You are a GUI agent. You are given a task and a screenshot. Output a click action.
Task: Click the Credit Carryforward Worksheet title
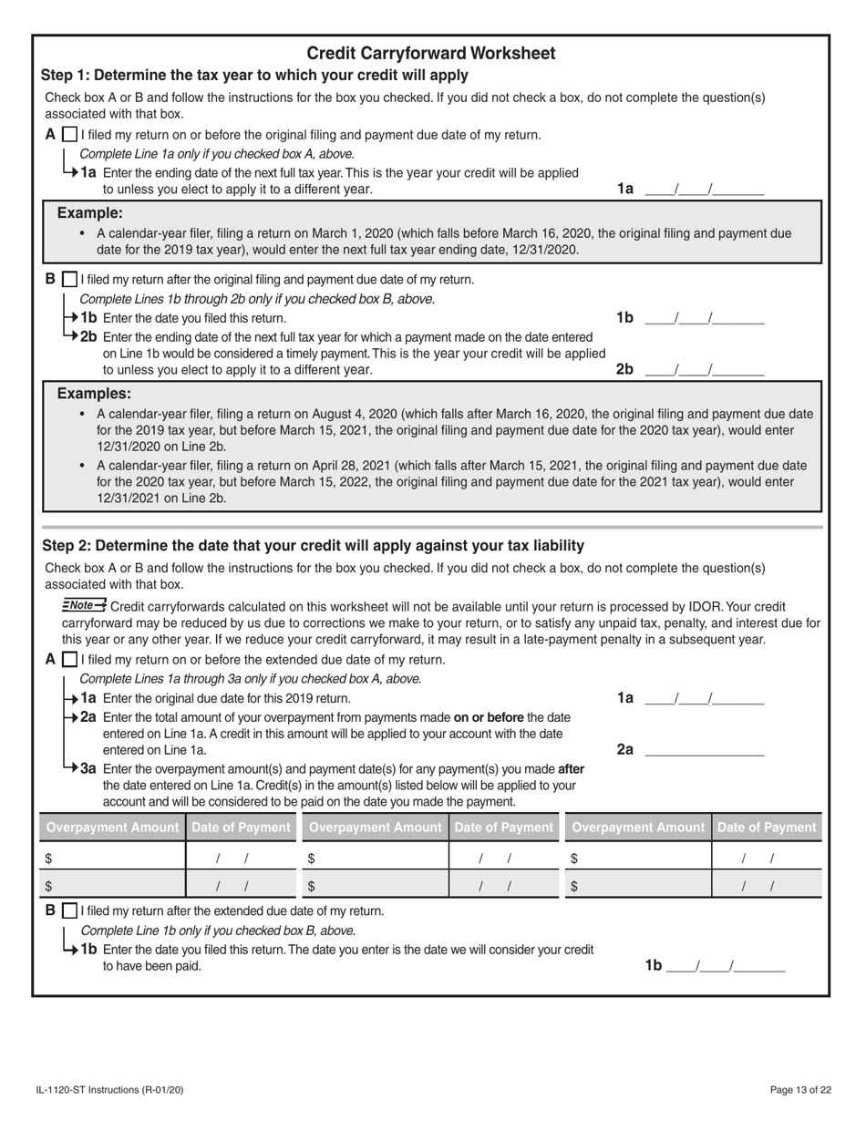tap(430, 53)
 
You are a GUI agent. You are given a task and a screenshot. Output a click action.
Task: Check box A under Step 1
tap(70, 135)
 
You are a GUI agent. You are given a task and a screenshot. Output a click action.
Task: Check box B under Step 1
tap(70, 279)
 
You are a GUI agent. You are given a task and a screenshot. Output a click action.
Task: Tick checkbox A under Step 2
tap(70, 660)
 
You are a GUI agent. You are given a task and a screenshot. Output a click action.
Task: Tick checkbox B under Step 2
tap(70, 910)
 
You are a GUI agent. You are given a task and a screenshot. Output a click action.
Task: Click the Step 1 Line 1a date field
tap(704, 190)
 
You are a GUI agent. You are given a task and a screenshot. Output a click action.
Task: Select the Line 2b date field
tap(704, 370)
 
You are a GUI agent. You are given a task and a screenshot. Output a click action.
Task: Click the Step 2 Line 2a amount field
tap(704, 750)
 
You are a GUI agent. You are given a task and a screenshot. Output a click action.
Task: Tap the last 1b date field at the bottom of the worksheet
tap(726, 966)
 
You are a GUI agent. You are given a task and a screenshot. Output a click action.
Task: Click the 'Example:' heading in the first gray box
tap(89, 212)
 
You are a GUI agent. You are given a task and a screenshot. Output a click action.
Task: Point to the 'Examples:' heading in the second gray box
tap(94, 394)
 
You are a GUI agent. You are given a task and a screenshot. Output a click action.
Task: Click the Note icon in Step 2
tap(84, 605)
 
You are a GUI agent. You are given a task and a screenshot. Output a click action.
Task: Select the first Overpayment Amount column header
tap(112, 828)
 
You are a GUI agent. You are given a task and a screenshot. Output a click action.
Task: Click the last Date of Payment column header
tap(766, 828)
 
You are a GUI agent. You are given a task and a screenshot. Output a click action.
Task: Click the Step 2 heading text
tap(313, 546)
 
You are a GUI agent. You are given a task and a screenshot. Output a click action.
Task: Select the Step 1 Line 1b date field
tap(704, 318)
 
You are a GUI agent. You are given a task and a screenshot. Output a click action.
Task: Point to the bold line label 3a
tap(88, 768)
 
